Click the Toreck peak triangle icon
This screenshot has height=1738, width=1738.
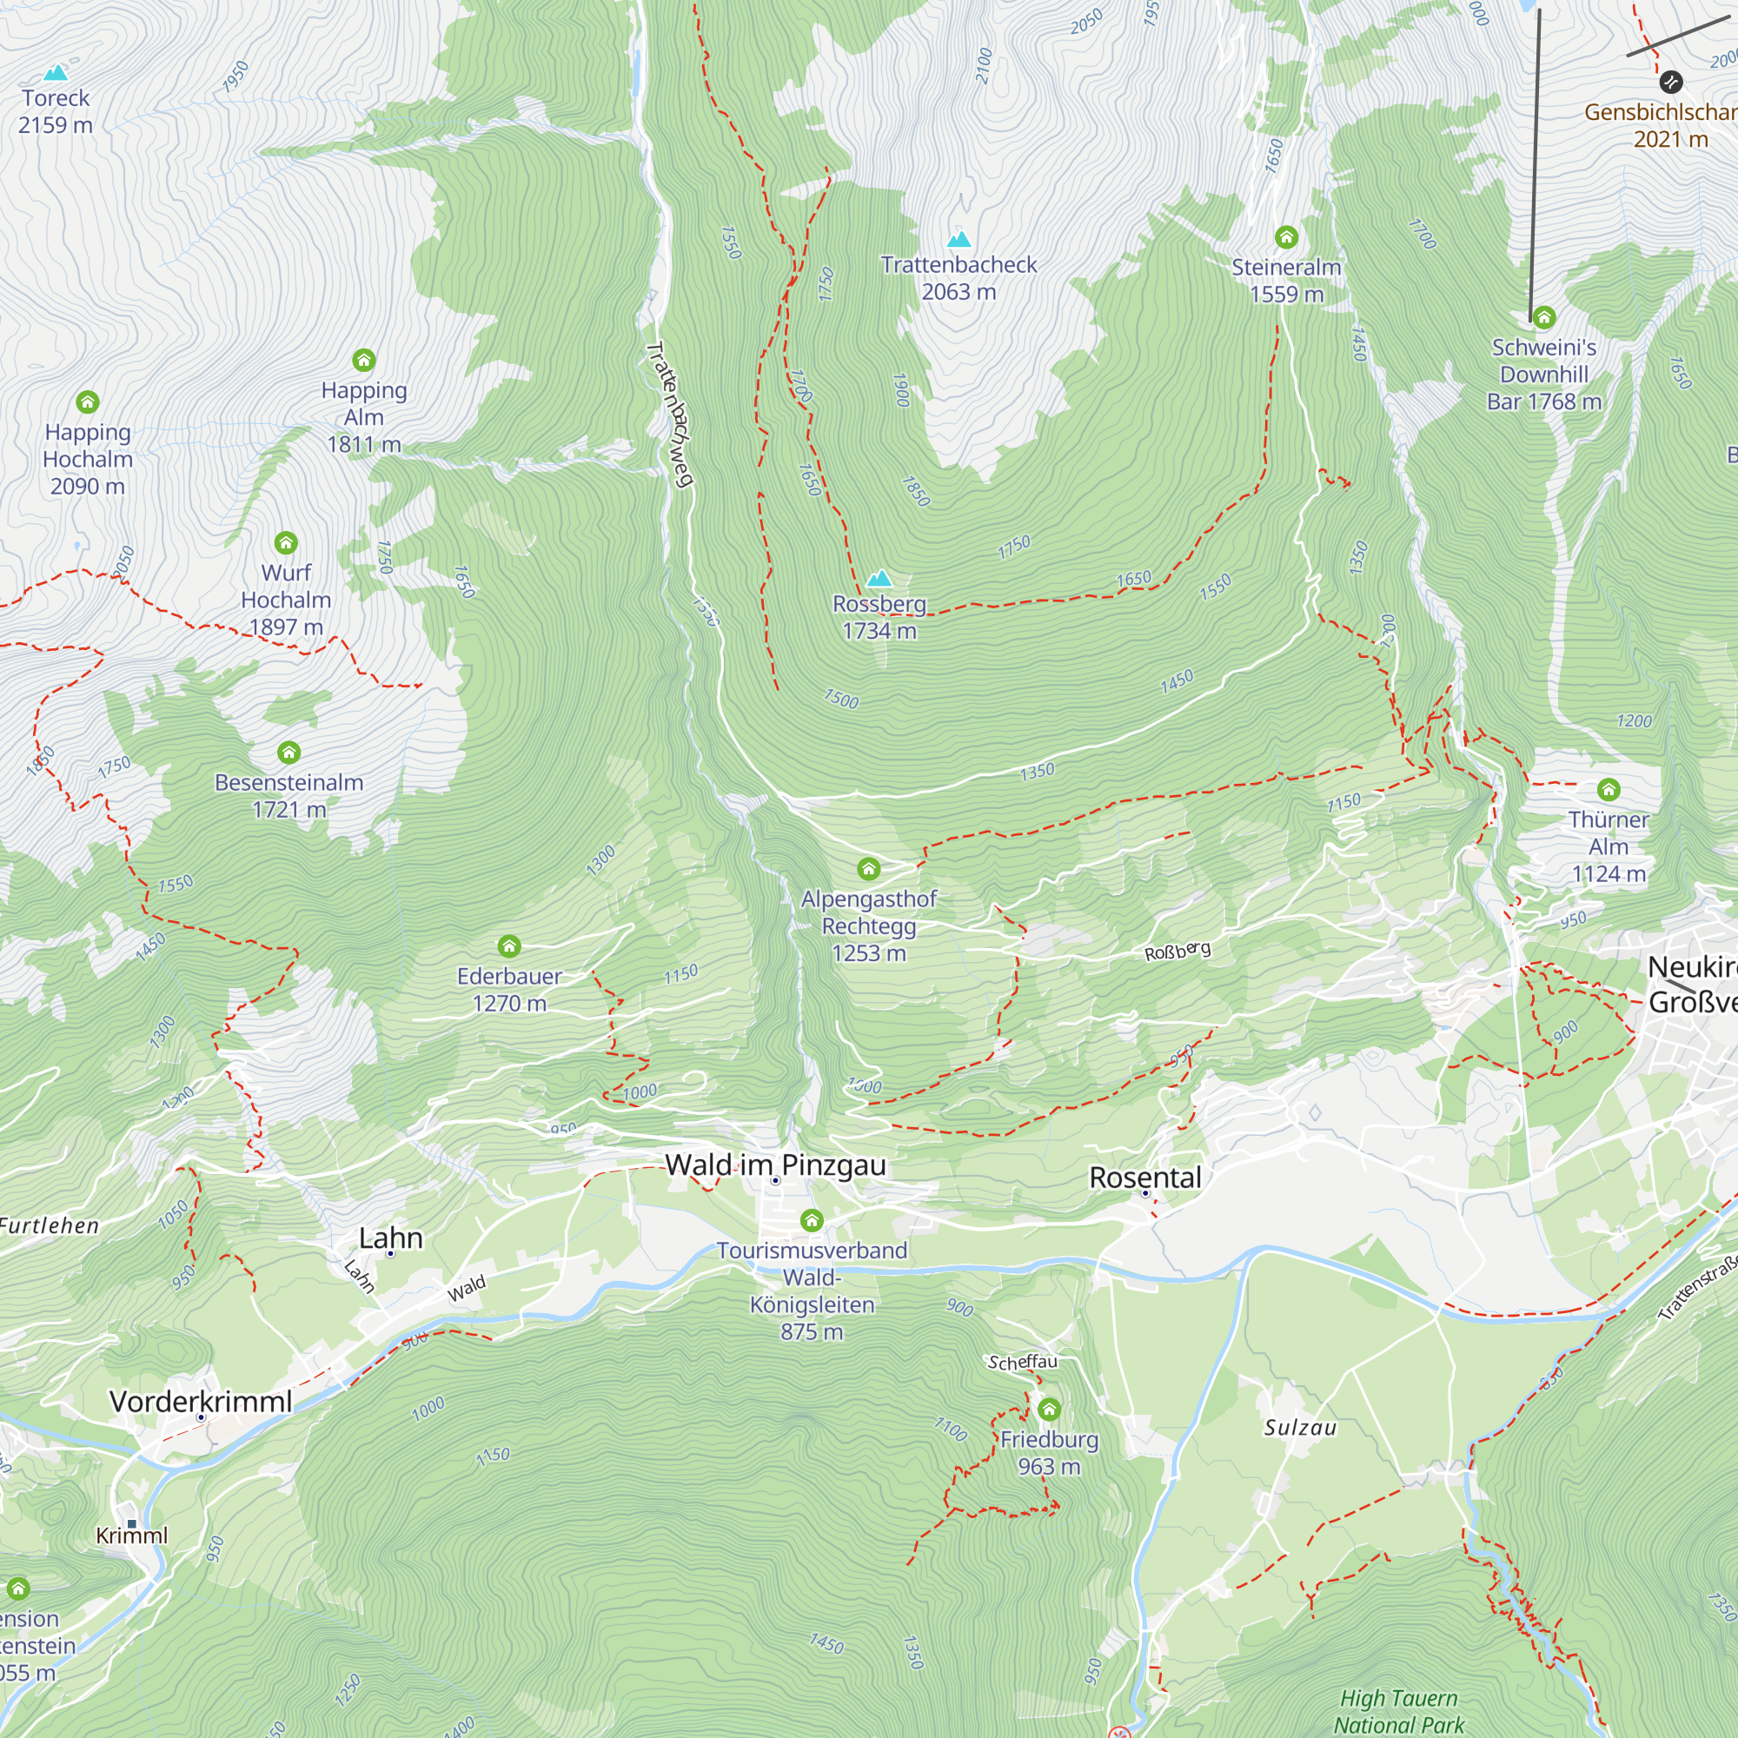pos(56,72)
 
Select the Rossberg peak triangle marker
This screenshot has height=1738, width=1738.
pos(879,579)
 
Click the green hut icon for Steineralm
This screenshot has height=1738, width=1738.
pos(1285,237)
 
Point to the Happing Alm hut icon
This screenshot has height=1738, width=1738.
pos(363,361)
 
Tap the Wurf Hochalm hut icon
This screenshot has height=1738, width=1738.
pos(285,543)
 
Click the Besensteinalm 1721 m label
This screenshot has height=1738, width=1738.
pos(289,795)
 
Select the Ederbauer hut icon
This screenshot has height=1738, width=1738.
pos(509,946)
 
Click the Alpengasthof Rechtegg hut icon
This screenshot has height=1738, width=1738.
pos(868,869)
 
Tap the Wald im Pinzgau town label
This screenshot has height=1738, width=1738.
pos(775,1165)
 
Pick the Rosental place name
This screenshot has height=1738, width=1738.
pos(1144,1177)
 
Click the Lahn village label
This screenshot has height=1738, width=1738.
pos(390,1237)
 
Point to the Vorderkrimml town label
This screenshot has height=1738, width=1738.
pos(201,1401)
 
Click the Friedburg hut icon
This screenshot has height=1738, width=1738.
pos(1049,1410)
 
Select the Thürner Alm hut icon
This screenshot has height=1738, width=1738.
pos(1609,790)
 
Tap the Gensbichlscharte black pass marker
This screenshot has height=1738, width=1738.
pos(1670,82)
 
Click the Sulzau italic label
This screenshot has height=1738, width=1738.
pos(1300,1428)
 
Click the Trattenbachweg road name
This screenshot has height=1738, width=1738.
pos(670,414)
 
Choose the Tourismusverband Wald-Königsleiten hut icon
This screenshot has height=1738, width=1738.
pos(812,1221)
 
